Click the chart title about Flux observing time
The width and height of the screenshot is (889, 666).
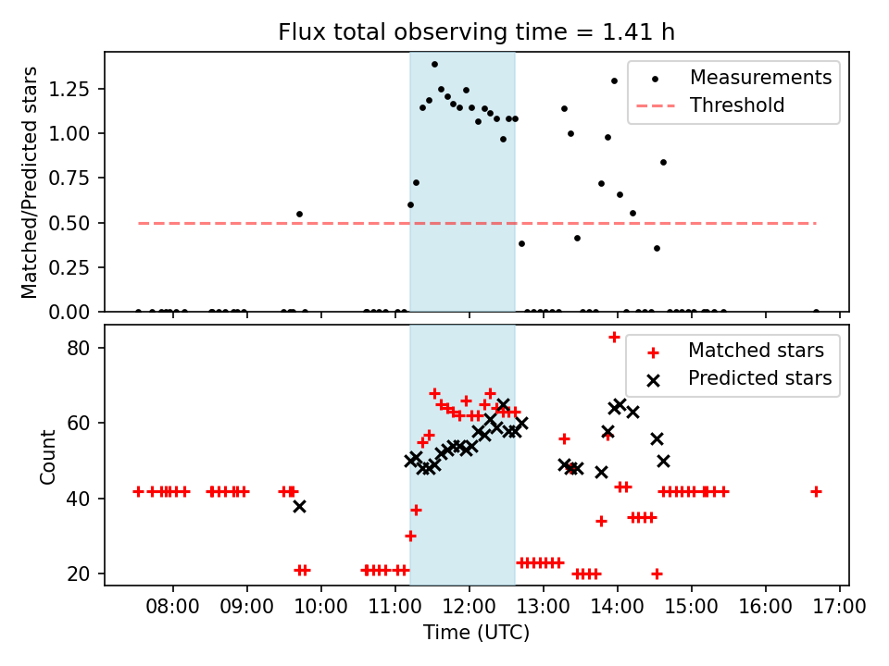point(476,32)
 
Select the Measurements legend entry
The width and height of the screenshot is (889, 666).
point(760,77)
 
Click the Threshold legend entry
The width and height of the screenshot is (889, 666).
point(737,105)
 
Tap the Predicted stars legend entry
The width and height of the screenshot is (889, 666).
point(759,378)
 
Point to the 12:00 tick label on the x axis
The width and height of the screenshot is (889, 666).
point(470,608)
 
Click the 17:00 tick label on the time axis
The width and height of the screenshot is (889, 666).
point(840,608)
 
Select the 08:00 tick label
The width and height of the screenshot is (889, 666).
point(173,608)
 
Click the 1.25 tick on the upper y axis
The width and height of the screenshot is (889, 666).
point(72,89)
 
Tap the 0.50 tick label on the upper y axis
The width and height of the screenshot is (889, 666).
point(72,223)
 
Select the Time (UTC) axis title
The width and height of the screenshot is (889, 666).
point(476,633)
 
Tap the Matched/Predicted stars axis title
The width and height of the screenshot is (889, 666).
point(30,182)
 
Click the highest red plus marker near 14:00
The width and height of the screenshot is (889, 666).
point(614,337)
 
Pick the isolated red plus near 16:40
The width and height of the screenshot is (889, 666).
point(816,491)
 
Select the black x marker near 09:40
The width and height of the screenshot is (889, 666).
point(299,506)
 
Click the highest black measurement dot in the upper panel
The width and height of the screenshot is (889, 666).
point(434,65)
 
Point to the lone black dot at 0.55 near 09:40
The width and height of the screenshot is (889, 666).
point(299,214)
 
